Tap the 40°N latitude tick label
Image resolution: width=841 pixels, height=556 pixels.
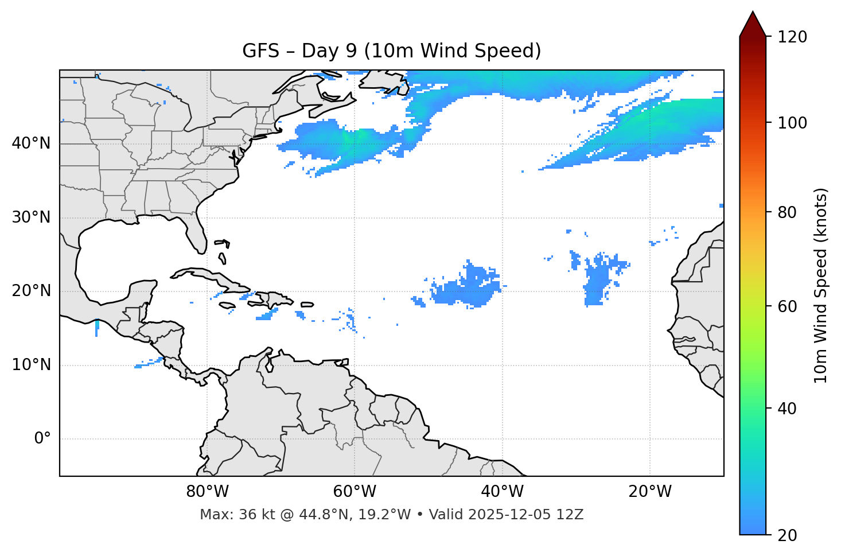tap(31, 143)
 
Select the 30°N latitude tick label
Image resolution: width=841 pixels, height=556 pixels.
tap(31, 217)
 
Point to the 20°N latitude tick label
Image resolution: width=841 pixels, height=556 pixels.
tap(31, 291)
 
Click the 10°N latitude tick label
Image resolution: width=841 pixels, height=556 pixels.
tap(31, 365)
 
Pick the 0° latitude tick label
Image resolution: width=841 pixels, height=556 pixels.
tap(42, 439)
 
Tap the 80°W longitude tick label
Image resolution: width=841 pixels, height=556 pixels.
tap(207, 492)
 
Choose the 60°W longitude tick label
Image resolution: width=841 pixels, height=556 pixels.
tap(355, 492)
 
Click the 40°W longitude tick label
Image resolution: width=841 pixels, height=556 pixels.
tap(502, 492)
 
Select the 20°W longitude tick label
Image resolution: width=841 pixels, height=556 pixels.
tap(649, 492)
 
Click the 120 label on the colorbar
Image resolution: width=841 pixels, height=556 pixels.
tap(792, 37)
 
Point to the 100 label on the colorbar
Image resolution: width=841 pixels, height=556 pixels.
tap(792, 123)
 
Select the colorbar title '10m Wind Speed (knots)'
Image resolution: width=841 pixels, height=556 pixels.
tap(821, 285)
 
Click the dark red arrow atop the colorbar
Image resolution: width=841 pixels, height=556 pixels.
tap(753, 24)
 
